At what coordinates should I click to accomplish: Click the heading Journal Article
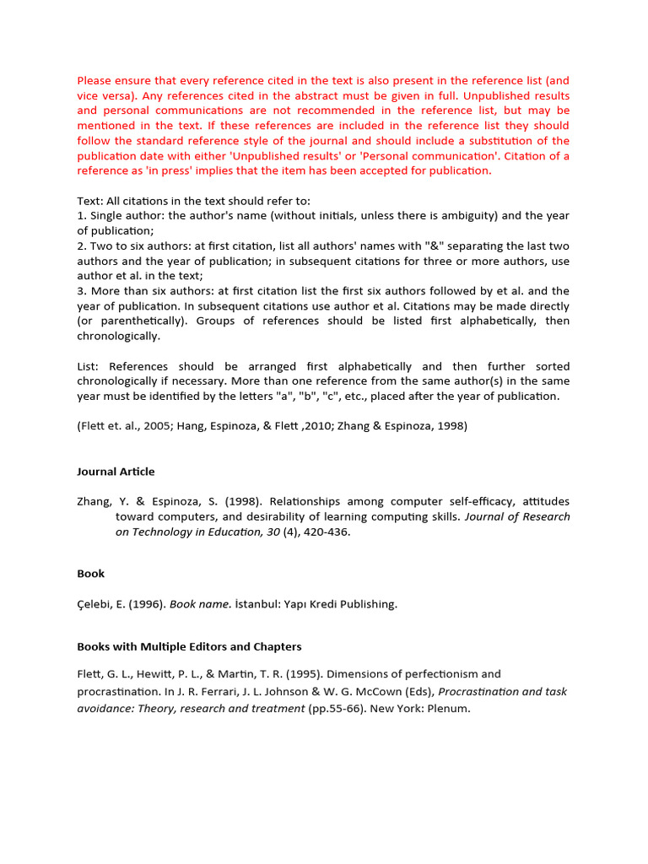tap(116, 472)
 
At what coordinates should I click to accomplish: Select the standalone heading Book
tap(91, 574)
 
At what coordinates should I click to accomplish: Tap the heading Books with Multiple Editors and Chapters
tap(189, 646)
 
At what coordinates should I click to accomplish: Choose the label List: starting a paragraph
tap(89, 366)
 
